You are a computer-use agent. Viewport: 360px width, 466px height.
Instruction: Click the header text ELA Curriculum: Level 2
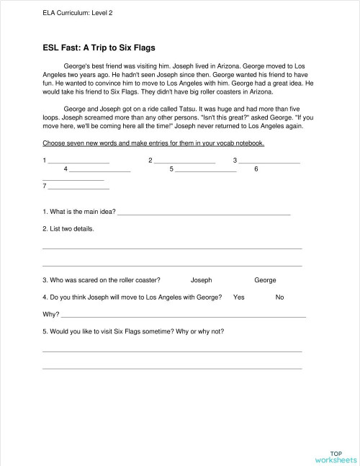click(x=78, y=13)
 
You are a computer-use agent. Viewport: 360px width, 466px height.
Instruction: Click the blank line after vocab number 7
click(x=78, y=189)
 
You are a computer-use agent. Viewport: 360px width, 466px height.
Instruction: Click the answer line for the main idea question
click(x=204, y=214)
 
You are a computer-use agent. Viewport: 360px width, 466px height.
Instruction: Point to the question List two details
click(x=68, y=229)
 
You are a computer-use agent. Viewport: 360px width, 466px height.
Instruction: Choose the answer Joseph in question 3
click(x=202, y=280)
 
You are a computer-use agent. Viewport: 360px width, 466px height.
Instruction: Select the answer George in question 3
click(x=265, y=280)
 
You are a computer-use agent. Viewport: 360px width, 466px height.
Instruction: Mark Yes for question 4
click(x=239, y=297)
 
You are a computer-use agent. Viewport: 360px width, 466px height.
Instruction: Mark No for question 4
click(x=279, y=297)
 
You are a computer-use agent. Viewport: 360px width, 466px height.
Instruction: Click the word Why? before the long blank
click(x=50, y=314)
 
